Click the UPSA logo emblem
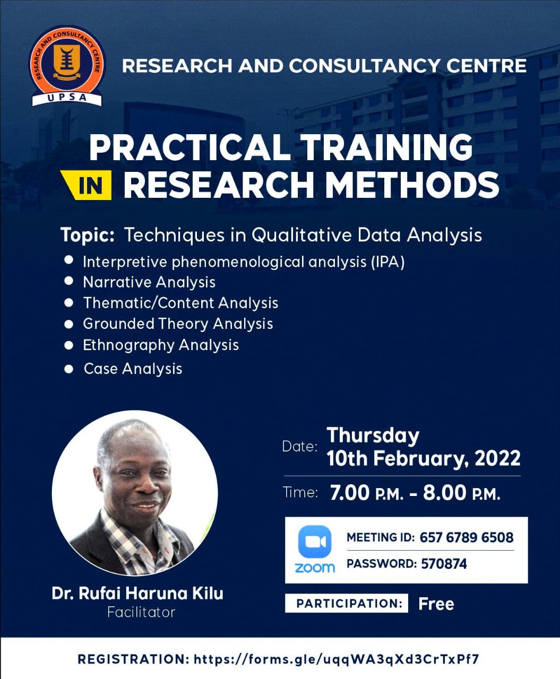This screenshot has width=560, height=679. point(67,66)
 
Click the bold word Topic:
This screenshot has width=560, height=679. point(88,236)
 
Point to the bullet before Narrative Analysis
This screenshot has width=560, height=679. point(68,281)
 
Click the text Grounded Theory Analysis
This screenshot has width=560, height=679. point(178,324)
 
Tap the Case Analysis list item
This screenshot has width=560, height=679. point(133,369)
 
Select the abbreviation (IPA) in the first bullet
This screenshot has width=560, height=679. point(388,262)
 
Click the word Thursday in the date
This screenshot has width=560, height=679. point(373,436)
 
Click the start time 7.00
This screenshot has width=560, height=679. point(349,492)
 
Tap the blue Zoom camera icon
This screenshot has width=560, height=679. point(315,542)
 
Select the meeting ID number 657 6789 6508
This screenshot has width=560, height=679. point(466,537)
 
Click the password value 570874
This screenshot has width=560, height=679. point(444,564)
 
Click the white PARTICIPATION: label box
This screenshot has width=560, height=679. point(347,604)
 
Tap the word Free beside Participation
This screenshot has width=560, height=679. point(436,604)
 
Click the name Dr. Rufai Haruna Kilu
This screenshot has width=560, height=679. point(137,594)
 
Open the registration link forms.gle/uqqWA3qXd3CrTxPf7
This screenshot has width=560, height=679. point(336,659)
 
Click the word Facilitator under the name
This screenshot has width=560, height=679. point(142,613)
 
